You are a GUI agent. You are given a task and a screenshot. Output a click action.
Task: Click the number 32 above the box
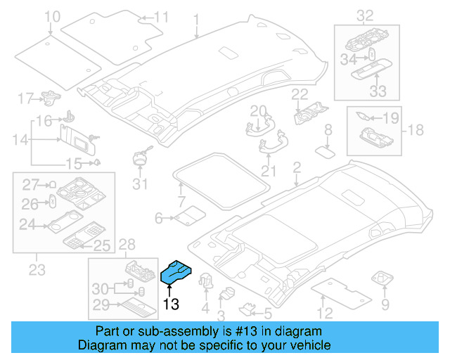coord(365,15)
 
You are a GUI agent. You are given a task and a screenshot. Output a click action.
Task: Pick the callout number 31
coord(141,185)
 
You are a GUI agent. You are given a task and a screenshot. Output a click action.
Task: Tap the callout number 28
coord(127,245)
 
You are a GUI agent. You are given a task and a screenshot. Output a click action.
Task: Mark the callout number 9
coord(385,304)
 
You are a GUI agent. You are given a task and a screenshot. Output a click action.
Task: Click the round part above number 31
coord(141,156)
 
